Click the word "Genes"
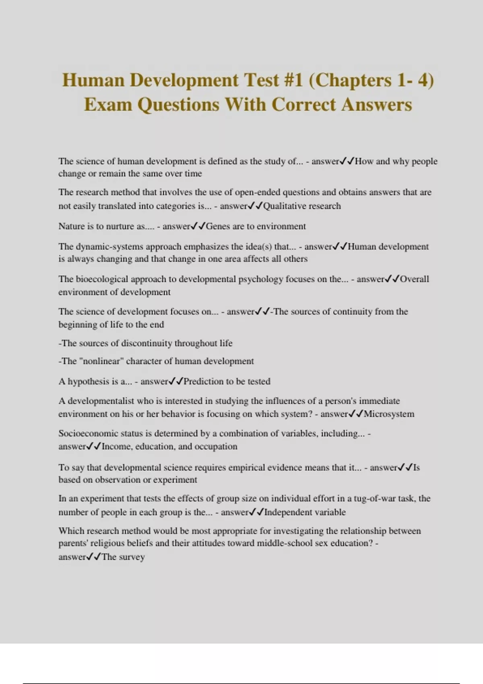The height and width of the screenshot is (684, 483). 218,226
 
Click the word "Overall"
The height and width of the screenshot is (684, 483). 415,279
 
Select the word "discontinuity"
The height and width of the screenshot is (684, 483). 147,343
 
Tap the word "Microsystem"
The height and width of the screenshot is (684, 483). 389,414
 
